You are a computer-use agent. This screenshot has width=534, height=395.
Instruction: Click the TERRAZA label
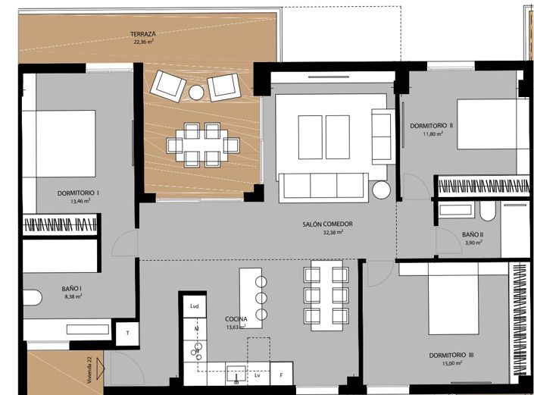142,35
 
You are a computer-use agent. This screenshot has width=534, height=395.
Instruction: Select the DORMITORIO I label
78,193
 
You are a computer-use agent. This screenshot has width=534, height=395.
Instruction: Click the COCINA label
236,319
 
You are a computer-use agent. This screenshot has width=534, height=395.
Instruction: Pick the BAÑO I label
72,288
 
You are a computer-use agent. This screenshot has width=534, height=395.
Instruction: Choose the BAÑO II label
472,234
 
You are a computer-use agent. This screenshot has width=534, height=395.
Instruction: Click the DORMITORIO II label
431,125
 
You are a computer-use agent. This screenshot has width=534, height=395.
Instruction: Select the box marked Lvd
194,306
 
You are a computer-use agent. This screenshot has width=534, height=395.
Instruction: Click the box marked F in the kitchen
282,375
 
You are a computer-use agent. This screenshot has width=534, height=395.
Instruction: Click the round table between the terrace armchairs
196,92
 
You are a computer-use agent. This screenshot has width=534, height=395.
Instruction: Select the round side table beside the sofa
380,191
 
